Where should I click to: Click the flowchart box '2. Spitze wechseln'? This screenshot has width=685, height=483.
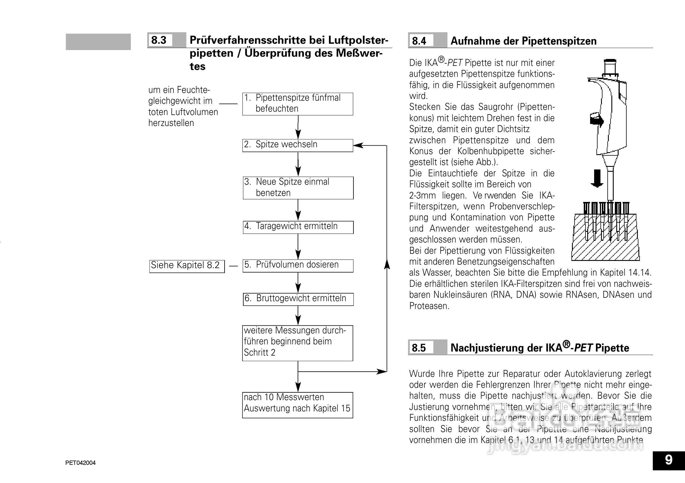point(297,145)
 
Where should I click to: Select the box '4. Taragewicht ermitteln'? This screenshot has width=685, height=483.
point(298,227)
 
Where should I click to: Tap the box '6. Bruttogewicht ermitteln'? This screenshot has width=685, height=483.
point(298,299)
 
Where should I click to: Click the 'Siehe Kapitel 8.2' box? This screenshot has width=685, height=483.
point(187,266)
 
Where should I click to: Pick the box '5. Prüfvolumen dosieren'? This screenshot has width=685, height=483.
point(298,266)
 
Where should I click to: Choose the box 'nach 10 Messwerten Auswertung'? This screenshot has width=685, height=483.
point(297,405)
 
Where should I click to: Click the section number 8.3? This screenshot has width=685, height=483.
point(159,40)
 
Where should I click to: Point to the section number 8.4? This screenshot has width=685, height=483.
point(419,41)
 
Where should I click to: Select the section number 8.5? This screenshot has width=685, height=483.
point(419,348)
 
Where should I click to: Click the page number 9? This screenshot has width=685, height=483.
point(669,460)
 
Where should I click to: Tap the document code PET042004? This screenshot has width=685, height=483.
point(81,463)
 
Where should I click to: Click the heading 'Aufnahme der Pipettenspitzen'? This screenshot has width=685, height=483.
point(523,41)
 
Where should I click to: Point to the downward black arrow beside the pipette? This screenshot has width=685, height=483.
point(597,178)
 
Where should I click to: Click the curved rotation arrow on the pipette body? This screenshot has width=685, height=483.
point(597,120)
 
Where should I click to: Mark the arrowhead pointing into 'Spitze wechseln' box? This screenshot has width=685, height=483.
point(358,145)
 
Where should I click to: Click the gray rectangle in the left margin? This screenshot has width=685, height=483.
point(98,42)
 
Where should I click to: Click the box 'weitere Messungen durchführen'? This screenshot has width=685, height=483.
point(297,343)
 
